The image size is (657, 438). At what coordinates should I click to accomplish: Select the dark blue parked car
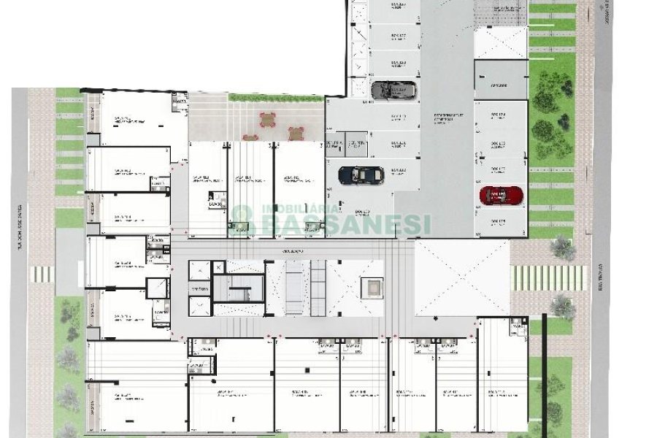click(x=361, y=174)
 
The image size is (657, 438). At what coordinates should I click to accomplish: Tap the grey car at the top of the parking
click(x=393, y=90)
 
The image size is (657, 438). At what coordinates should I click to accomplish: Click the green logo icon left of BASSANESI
click(x=242, y=217)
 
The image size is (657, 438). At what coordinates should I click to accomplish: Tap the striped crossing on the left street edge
click(x=42, y=274)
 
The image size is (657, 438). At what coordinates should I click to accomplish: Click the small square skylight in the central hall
click(x=372, y=288)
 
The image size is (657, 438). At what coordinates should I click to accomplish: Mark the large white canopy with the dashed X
click(x=461, y=279)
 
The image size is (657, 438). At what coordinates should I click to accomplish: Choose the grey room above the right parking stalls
click(x=499, y=80)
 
